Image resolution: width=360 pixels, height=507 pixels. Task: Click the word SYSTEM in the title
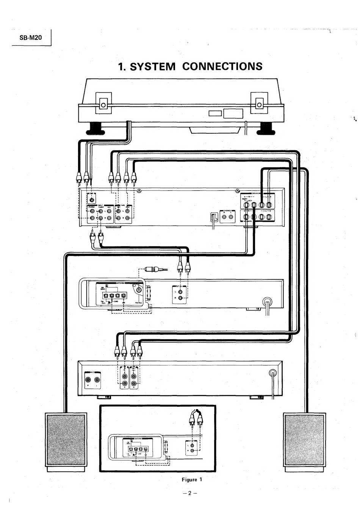coord(152,67)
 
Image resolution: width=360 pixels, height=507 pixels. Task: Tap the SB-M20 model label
coord(31,38)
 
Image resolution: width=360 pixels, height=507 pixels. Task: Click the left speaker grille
coord(66,439)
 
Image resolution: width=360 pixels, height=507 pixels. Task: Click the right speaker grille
coord(304,439)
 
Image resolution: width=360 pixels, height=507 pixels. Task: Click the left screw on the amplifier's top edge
coord(139,190)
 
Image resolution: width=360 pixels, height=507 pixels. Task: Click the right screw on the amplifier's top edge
coord(238,190)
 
